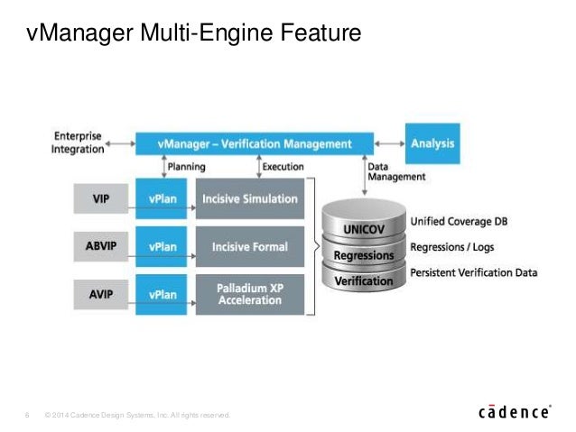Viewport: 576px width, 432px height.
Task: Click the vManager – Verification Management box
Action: [254, 143]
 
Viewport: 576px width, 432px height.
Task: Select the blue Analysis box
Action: [432, 143]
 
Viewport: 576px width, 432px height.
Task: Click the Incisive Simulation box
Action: [250, 198]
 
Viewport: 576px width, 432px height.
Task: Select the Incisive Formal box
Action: [250, 246]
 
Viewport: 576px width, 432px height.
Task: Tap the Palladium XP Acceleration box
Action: [250, 294]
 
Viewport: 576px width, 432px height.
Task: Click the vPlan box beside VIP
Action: [163, 198]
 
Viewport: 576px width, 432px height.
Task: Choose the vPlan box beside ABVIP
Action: [163, 246]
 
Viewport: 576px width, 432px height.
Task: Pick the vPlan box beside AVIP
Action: [163, 294]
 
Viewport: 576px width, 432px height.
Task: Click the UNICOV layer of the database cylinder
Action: [363, 228]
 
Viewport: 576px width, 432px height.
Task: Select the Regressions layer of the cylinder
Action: [363, 255]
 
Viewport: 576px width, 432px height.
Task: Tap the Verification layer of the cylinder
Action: [363, 281]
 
